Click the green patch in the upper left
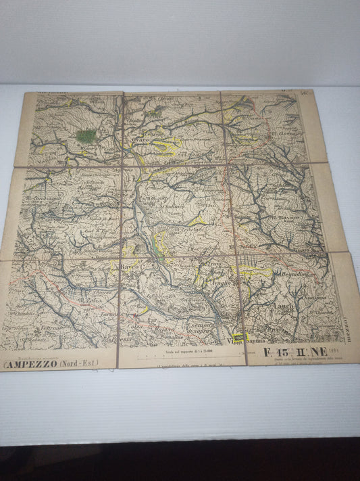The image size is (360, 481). pyautogui.click(x=86, y=136)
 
